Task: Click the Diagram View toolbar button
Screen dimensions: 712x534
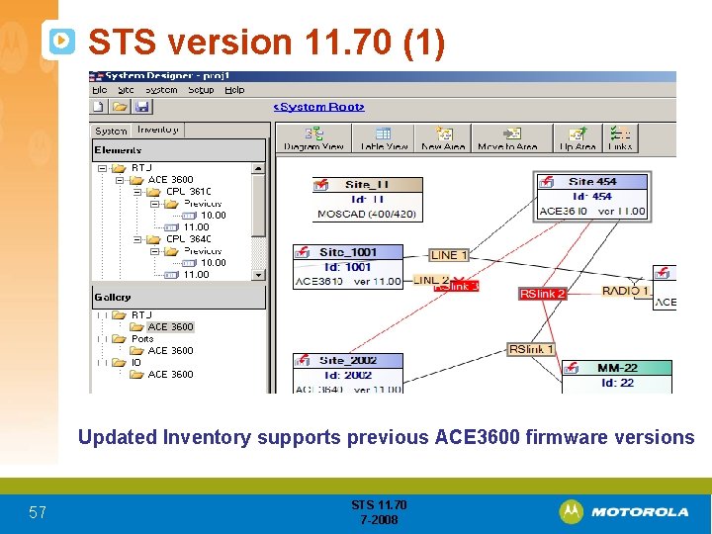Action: [313, 138]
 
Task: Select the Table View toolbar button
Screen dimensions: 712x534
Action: [384, 138]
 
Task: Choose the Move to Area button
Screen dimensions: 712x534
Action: [508, 138]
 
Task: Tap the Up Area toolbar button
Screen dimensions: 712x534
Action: [578, 138]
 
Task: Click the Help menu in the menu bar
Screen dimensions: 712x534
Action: [234, 90]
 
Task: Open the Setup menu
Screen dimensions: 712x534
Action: [201, 90]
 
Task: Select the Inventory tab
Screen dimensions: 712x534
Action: [158, 130]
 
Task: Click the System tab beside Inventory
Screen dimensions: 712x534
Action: [111, 131]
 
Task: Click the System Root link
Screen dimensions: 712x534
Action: [319, 107]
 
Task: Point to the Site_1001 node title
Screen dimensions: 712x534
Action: [347, 252]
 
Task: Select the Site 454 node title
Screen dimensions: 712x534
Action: [591, 181]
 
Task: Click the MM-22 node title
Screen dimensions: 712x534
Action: [616, 368]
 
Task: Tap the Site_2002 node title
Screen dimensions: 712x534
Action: [347, 360]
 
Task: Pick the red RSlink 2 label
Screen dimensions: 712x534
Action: [543, 294]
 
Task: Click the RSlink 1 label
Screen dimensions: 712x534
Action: [531, 349]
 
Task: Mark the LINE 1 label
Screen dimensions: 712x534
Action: [450, 255]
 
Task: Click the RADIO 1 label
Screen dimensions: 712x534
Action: [625, 291]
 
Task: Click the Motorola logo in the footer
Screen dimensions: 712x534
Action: [624, 511]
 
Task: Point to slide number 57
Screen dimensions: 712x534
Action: [37, 512]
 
